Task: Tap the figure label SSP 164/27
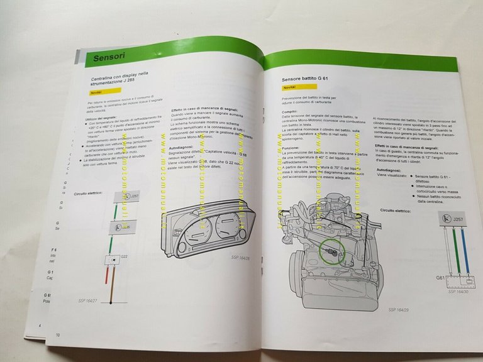point(88,300)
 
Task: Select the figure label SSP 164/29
point(399,309)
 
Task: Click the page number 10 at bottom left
point(57,335)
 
